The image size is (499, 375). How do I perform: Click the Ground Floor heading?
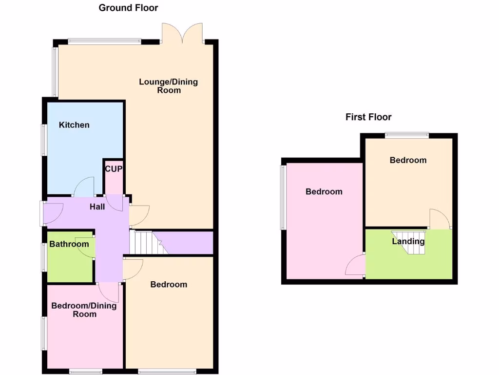pyautogui.click(x=128, y=8)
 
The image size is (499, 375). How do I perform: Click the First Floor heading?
pyautogui.click(x=368, y=117)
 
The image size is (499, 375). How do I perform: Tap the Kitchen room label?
pyautogui.click(x=74, y=125)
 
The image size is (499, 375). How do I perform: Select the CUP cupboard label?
pyautogui.click(x=114, y=169)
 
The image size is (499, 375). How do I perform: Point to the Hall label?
pyautogui.click(x=97, y=207)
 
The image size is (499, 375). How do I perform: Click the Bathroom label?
pyautogui.click(x=69, y=244)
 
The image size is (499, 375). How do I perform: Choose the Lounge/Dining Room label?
pyautogui.click(x=169, y=86)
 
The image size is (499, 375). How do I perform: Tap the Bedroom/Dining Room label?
pyautogui.click(x=84, y=310)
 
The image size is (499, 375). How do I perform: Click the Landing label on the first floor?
pyautogui.click(x=408, y=241)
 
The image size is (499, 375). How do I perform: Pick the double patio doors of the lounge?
pyautogui.click(x=182, y=33)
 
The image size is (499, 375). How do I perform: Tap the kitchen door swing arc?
pyautogui.click(x=84, y=186)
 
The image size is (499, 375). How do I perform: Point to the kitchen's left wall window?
pyautogui.click(x=43, y=140)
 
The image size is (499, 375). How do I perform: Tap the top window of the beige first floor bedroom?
pyautogui.click(x=407, y=134)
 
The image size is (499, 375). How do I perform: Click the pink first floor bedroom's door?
pyautogui.click(x=355, y=266)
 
